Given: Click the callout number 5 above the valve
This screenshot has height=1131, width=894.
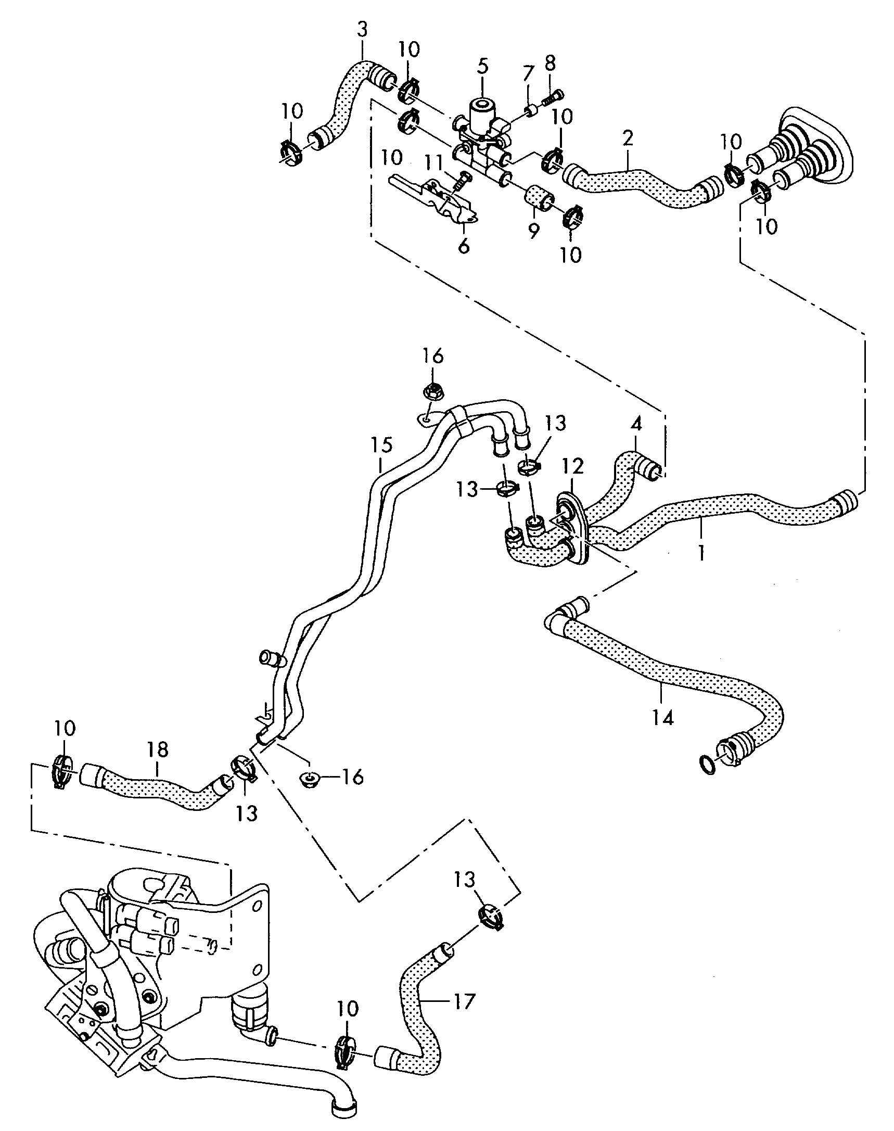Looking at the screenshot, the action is [482, 66].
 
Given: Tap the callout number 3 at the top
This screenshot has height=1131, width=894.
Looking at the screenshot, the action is [363, 30].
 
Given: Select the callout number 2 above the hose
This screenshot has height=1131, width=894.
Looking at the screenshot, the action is [628, 138].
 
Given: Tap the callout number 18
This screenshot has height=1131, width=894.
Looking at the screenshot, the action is [158, 750].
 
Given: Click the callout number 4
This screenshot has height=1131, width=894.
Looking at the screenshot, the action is [636, 425].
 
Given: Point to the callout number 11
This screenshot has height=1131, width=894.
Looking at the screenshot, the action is [433, 163].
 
